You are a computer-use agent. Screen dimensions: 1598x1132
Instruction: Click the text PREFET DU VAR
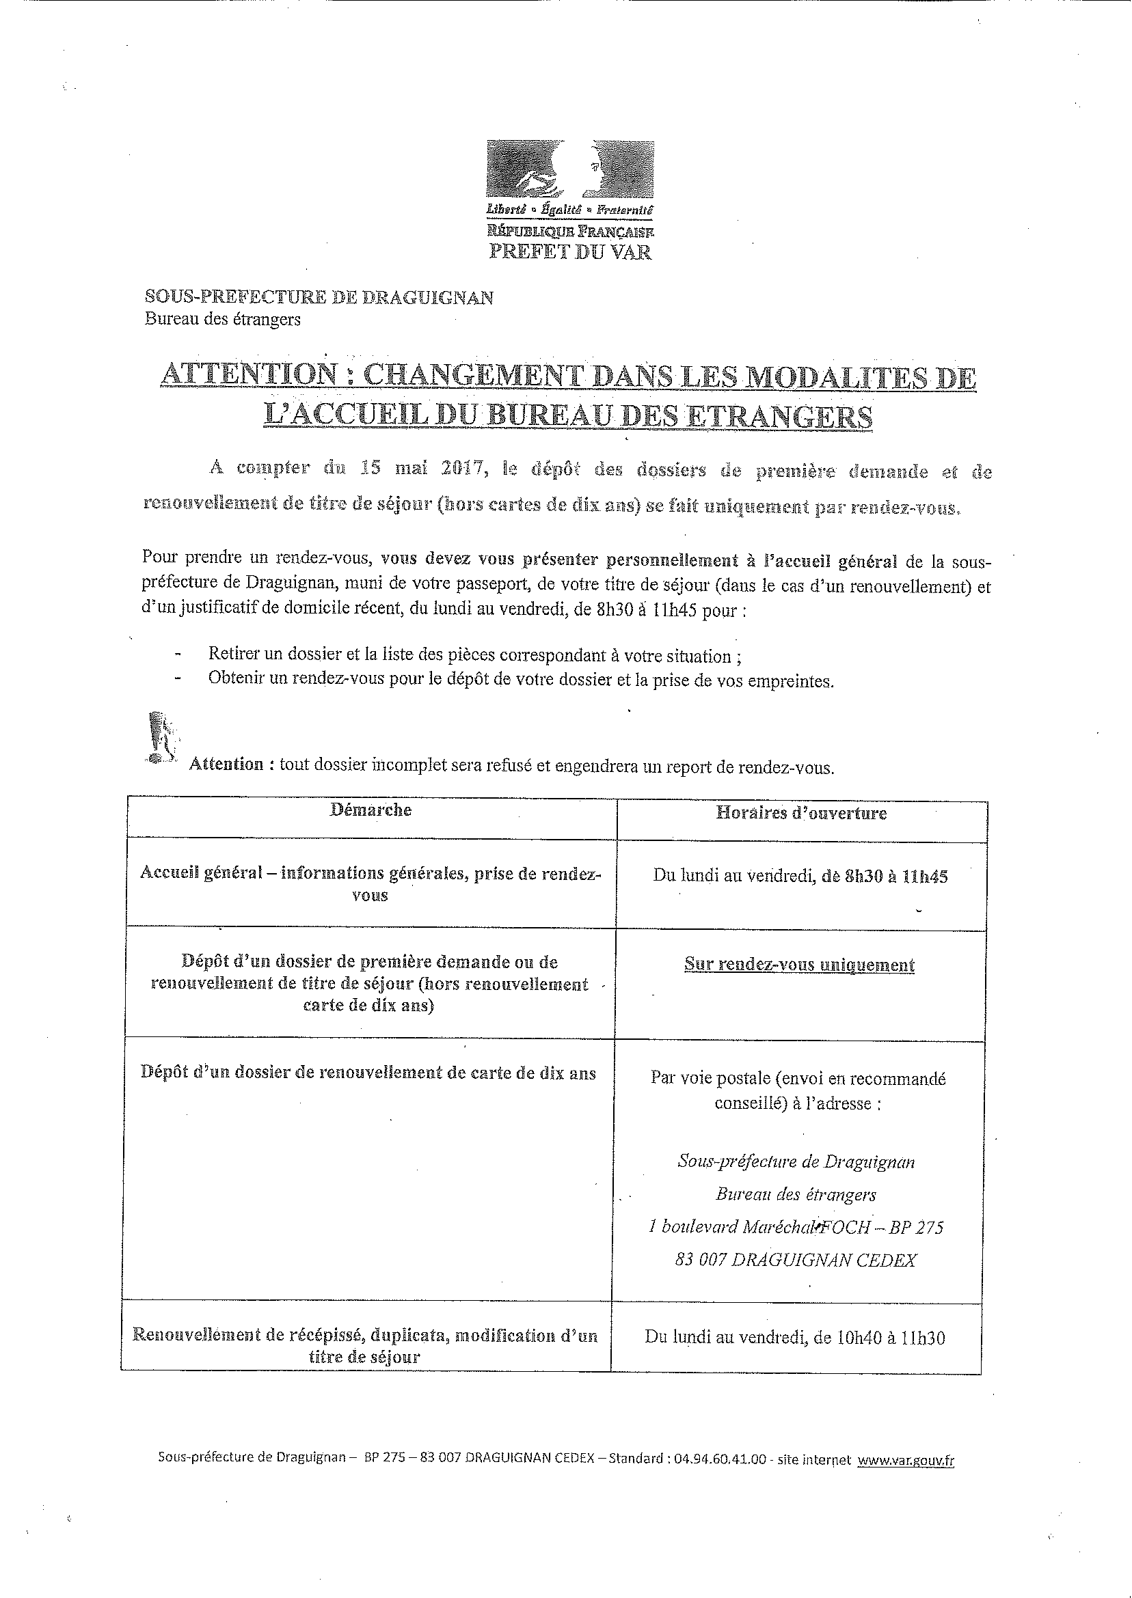(x=569, y=251)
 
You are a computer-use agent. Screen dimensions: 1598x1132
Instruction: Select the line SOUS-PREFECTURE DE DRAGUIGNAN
(x=319, y=297)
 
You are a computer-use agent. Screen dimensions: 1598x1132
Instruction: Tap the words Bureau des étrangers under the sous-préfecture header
(x=222, y=320)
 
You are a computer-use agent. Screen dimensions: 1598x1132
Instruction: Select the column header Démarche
(x=370, y=810)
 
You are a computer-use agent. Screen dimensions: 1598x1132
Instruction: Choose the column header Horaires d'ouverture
(x=801, y=813)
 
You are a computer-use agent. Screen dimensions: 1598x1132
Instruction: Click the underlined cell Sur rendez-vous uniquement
(x=799, y=965)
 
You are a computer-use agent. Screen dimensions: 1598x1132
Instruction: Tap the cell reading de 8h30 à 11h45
(x=800, y=877)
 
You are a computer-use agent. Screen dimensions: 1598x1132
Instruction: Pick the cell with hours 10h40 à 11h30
(x=794, y=1338)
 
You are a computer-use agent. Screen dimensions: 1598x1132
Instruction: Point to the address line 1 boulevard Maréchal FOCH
(x=795, y=1227)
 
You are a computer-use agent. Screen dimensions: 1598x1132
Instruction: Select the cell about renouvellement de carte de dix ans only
(x=368, y=1073)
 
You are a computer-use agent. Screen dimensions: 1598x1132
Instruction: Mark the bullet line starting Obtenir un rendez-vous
(x=520, y=679)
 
